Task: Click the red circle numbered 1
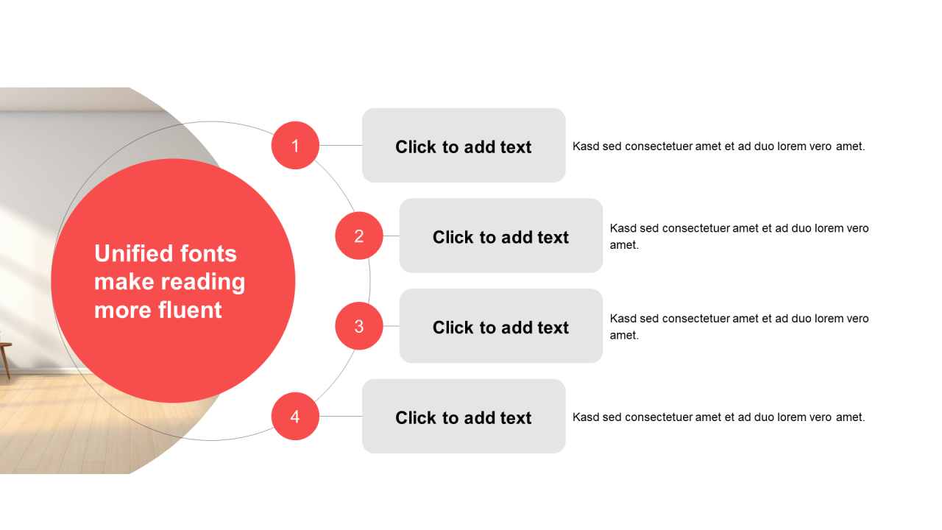[x=295, y=146]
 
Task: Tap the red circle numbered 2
[x=359, y=236]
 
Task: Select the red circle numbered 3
[x=359, y=326]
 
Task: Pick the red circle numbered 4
[x=295, y=417]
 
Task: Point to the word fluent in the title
[x=190, y=310]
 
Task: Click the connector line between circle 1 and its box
[x=341, y=146]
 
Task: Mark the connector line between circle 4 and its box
[x=341, y=417]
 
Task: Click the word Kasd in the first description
[x=586, y=146]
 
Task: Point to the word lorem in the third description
[x=829, y=319]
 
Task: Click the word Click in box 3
[x=453, y=328]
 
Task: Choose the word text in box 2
[x=553, y=238]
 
